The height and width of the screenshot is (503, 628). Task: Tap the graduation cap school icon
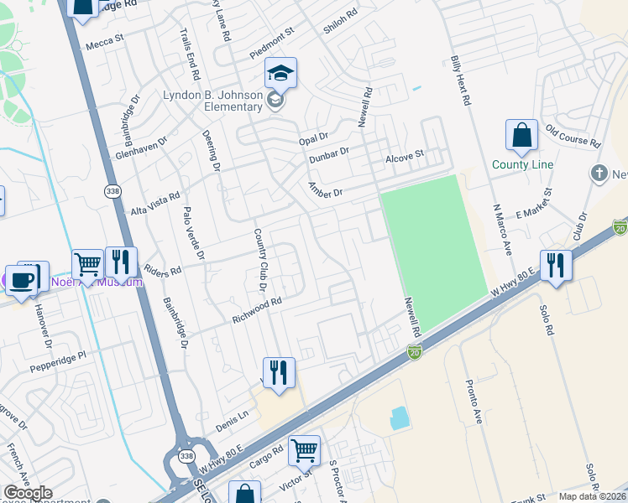point(281,74)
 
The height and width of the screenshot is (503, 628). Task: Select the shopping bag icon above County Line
point(521,136)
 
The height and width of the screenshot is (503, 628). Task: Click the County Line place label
point(522,164)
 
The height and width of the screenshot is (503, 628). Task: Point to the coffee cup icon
point(21,279)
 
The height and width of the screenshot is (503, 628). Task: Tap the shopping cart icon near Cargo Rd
point(304,450)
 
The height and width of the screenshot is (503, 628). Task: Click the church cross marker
point(598,174)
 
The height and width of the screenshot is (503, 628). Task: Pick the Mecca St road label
point(104,39)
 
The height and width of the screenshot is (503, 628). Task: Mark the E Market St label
point(533,203)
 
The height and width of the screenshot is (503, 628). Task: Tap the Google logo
point(27,493)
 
